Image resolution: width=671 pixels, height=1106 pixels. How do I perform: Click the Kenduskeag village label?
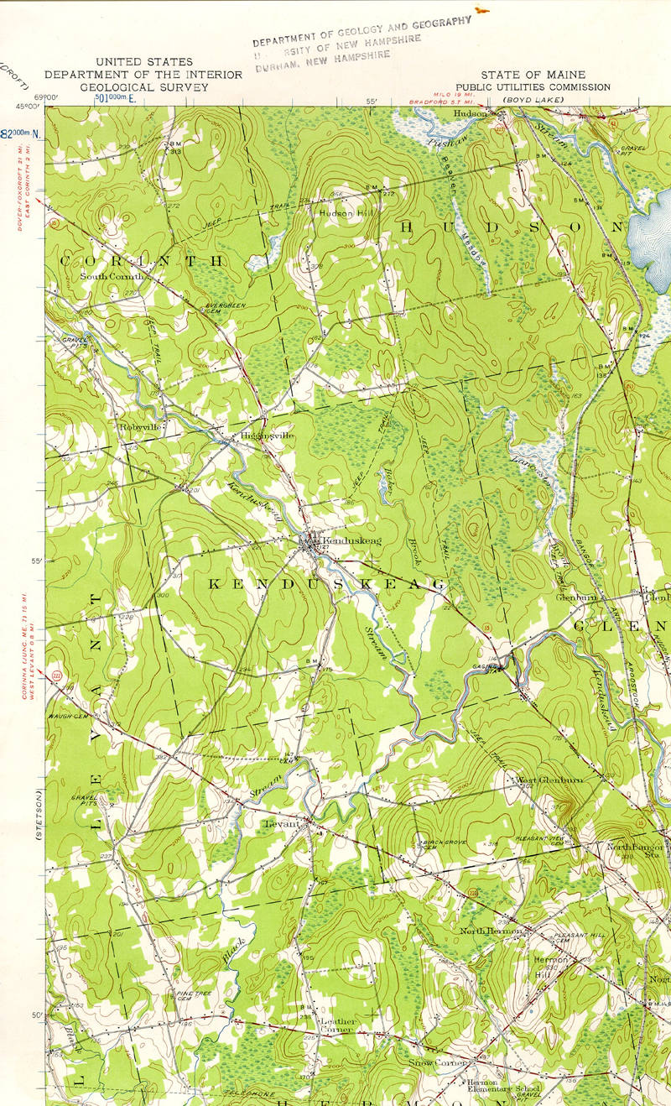coord(340,540)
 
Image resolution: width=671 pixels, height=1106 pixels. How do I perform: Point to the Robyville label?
coord(139,426)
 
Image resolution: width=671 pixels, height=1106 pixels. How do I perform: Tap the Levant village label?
coord(283,827)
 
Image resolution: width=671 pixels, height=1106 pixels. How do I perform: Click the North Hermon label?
coord(492,931)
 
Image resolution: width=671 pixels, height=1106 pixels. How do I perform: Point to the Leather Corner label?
coord(340,1025)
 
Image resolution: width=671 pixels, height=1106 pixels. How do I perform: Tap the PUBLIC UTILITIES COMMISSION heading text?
coord(533,86)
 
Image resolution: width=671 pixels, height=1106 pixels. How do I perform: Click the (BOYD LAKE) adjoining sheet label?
coord(533,100)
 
